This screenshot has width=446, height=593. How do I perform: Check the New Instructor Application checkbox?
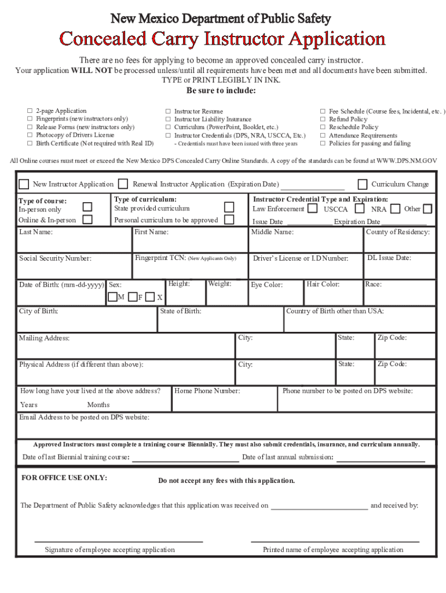pyautogui.click(x=24, y=184)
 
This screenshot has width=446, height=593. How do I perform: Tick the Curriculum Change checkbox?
pyautogui.click(x=363, y=184)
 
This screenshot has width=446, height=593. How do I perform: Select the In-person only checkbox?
pyautogui.click(x=87, y=207)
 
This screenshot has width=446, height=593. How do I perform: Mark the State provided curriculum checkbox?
pyautogui.click(x=229, y=207)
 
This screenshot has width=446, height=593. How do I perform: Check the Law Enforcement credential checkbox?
pyautogui.click(x=313, y=208)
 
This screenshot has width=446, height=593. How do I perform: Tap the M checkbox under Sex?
pyautogui.click(x=113, y=297)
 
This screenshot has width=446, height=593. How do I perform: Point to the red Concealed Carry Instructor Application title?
pyautogui.click(x=223, y=39)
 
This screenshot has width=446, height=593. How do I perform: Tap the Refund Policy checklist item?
pyautogui.click(x=348, y=119)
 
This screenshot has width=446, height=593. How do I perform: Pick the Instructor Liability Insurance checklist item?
pyautogui.click(x=204, y=119)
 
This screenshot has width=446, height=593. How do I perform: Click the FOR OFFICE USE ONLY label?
pyautogui.click(x=64, y=478)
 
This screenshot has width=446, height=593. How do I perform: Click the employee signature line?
pyautogui.click(x=118, y=540)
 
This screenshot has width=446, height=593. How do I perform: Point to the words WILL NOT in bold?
pyautogui.click(x=92, y=71)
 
